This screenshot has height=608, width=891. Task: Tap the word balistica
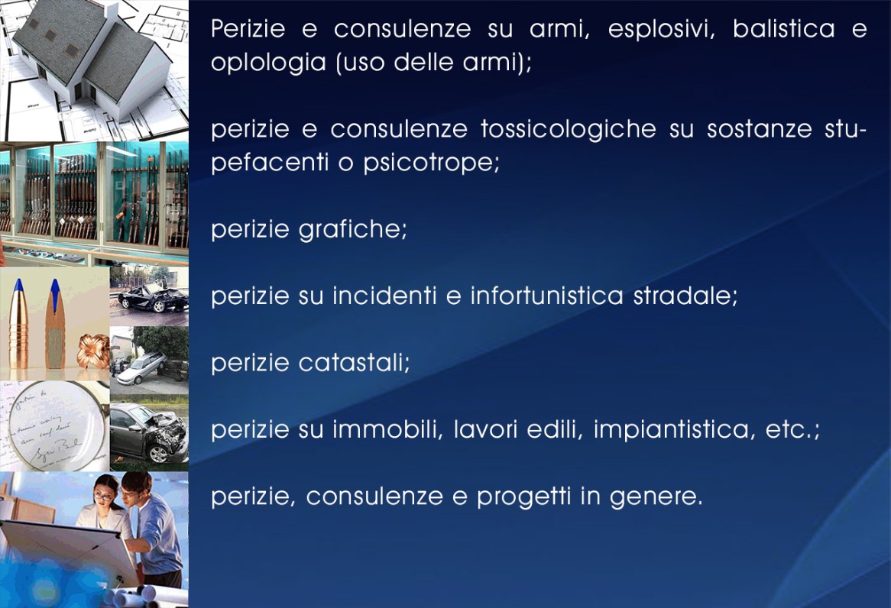pyautogui.click(x=783, y=28)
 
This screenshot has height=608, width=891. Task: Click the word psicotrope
pyautogui.click(x=431, y=164)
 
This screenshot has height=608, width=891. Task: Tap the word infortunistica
pyautogui.click(x=546, y=296)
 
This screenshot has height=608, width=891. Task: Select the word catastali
pyautogui.click(x=355, y=363)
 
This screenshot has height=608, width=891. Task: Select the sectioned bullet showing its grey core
pyautogui.click(x=54, y=324)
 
